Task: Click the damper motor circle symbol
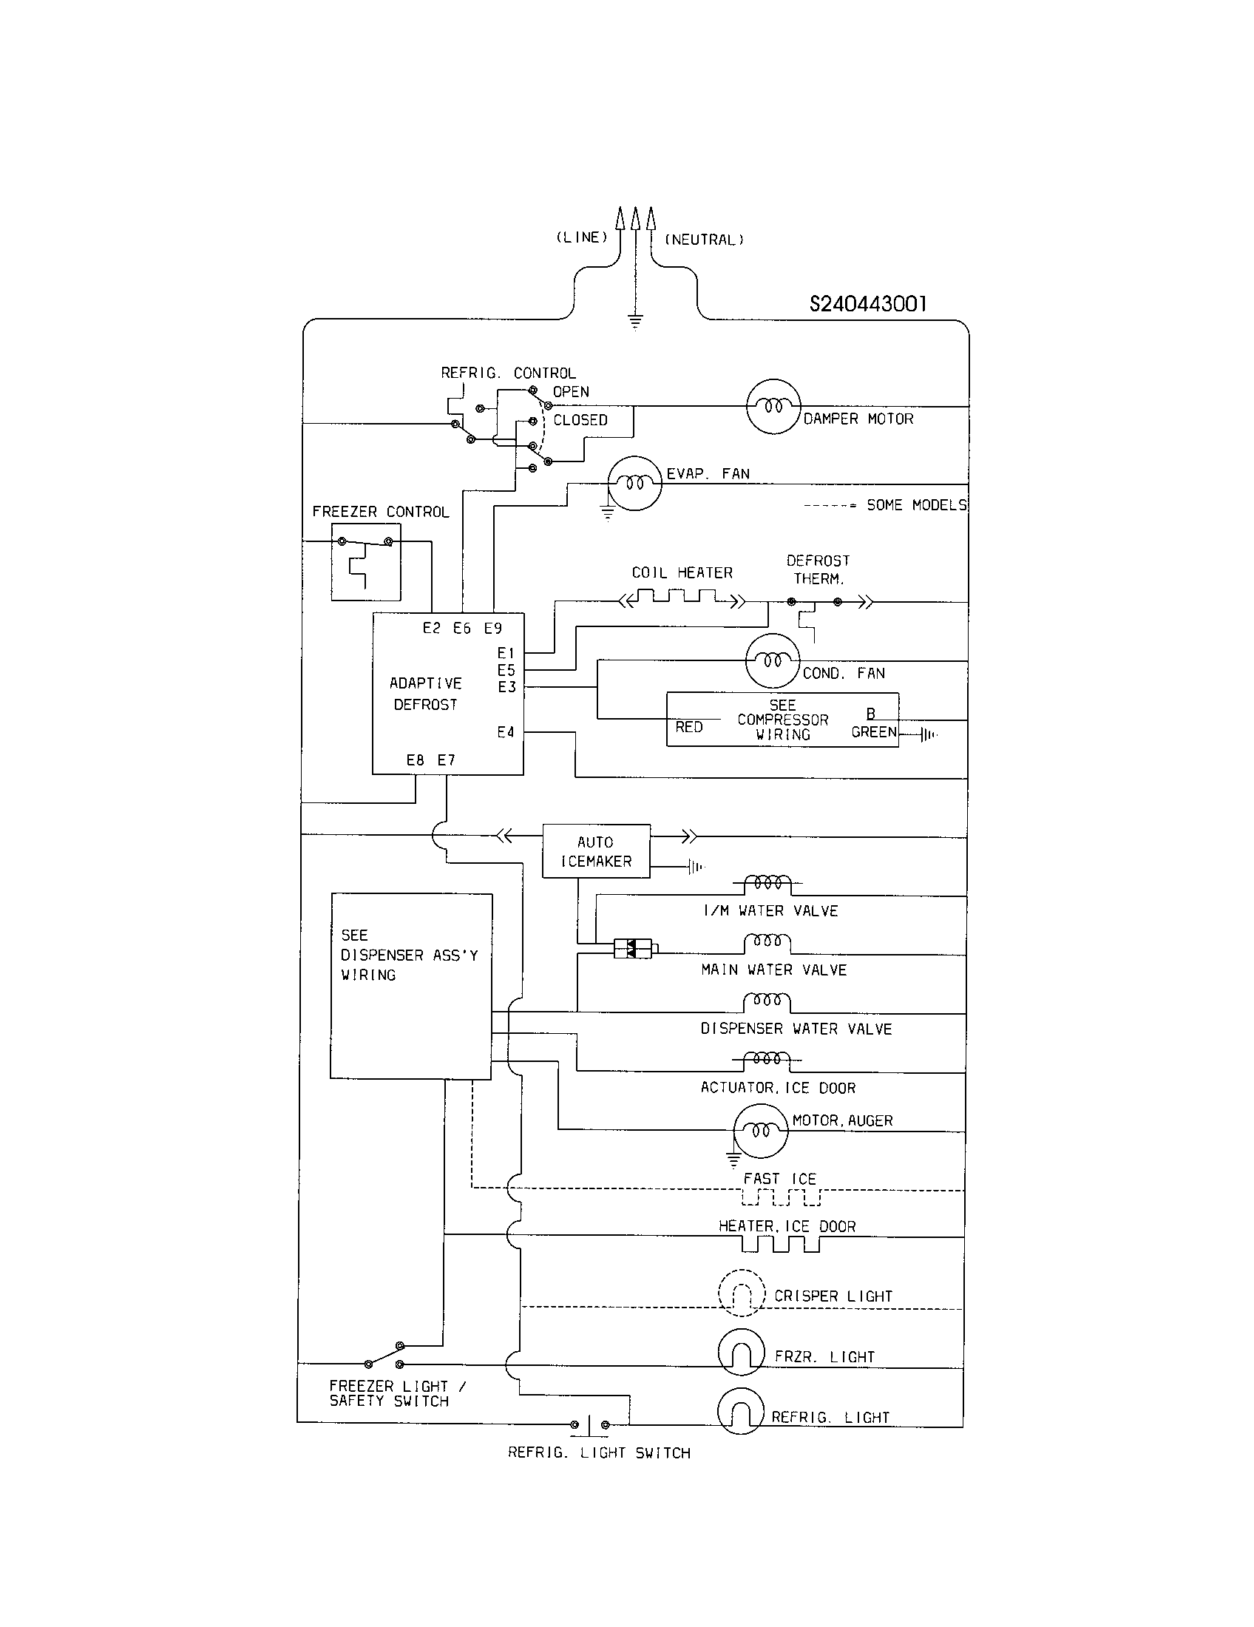point(773,407)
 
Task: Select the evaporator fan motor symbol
point(634,484)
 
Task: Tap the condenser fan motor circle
point(772,660)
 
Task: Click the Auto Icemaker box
point(596,850)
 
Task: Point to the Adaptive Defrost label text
point(426,694)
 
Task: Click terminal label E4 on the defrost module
point(506,732)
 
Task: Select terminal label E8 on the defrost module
point(415,760)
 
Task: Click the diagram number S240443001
point(867,304)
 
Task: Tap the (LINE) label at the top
point(582,237)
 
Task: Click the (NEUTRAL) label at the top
point(704,239)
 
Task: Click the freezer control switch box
point(365,562)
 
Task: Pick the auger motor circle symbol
point(759,1131)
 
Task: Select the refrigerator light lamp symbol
point(740,1413)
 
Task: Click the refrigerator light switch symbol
point(589,1424)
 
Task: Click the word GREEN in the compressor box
point(873,732)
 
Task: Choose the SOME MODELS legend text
point(916,505)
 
